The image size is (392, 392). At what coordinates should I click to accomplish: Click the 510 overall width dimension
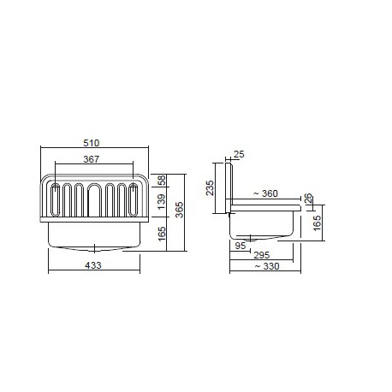(92, 143)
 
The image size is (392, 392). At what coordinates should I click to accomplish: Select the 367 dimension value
(92, 159)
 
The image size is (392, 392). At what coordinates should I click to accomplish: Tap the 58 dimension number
(162, 181)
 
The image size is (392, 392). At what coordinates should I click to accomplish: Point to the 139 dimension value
(162, 202)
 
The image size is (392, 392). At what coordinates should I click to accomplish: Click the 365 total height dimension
(179, 210)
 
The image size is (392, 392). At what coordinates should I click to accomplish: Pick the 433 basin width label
(93, 265)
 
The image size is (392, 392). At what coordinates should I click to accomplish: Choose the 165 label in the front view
(162, 234)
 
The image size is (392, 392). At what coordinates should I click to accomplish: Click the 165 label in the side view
(317, 223)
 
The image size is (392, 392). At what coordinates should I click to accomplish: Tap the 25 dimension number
(239, 154)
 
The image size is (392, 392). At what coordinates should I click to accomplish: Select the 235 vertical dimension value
(210, 187)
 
